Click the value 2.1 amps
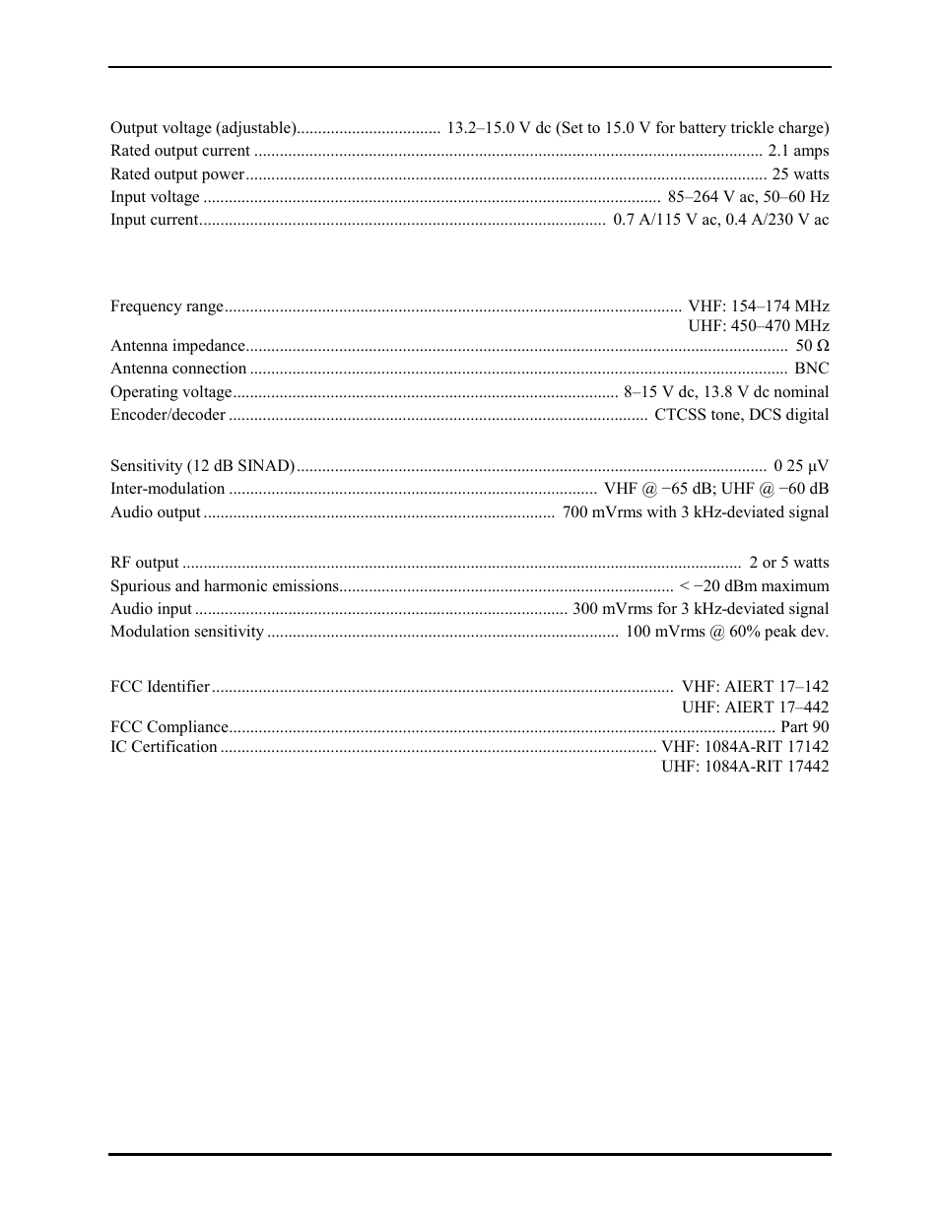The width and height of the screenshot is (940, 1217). (x=798, y=151)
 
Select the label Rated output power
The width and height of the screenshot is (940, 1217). (x=177, y=174)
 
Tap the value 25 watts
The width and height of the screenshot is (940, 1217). (x=800, y=174)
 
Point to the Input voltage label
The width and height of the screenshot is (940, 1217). (x=155, y=197)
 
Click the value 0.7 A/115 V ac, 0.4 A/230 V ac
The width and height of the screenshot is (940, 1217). (x=720, y=220)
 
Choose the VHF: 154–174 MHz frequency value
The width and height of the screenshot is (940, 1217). (x=758, y=306)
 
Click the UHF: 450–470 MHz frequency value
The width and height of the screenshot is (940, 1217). (x=758, y=326)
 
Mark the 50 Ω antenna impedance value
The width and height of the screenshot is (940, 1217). (x=812, y=346)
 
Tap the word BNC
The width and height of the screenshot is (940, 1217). (x=812, y=369)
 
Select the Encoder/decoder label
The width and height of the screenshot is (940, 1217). (x=168, y=415)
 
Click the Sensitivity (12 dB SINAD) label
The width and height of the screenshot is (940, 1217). (x=202, y=466)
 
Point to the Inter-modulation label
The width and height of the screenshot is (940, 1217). (x=168, y=489)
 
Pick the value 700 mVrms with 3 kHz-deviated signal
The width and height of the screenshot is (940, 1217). (x=695, y=512)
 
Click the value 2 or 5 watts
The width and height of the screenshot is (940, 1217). (x=788, y=563)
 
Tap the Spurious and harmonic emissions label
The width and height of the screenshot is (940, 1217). (x=225, y=586)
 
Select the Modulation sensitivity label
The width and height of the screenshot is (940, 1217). (x=187, y=632)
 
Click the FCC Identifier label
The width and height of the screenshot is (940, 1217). (x=160, y=687)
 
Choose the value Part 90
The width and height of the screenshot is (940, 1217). (x=804, y=727)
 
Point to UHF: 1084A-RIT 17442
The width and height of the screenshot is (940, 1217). (x=745, y=767)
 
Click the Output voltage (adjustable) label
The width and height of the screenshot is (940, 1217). (x=203, y=128)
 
